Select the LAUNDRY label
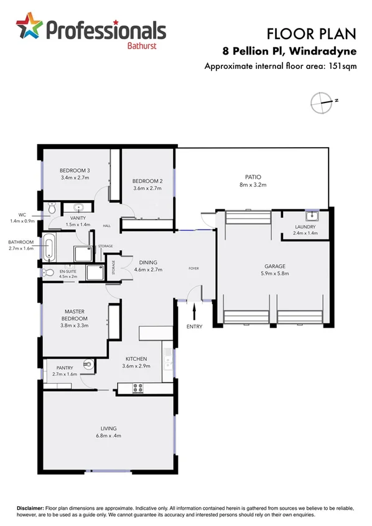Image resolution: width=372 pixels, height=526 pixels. click(305, 227)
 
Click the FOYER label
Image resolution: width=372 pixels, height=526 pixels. click(194, 268)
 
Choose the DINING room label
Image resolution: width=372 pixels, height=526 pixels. click(148, 262)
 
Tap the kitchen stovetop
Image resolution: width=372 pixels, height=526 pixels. click(137, 388)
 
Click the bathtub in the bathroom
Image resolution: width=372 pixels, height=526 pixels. click(50, 248)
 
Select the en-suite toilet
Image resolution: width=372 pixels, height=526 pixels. click(49, 272)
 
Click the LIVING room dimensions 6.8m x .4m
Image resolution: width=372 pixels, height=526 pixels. click(109, 436)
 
